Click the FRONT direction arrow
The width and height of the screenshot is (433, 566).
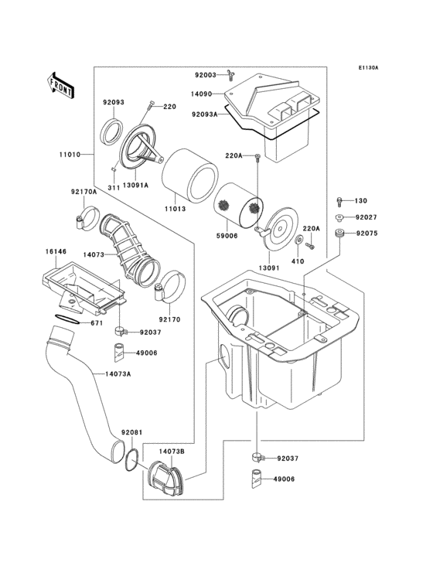(x=61, y=84)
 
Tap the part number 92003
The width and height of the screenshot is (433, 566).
(x=206, y=75)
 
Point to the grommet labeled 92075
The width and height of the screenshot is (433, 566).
(x=339, y=234)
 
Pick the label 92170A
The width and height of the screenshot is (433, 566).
(x=84, y=192)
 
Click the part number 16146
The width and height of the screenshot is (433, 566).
(x=55, y=252)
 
